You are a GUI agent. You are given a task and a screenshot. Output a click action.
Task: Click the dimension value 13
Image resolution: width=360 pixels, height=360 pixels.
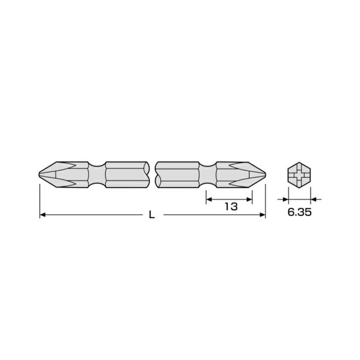(230, 207)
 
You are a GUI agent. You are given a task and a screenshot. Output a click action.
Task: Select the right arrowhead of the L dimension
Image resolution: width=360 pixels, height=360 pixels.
(263, 216)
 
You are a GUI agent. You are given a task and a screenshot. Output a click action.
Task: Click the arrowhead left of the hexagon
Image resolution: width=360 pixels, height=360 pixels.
(285, 198)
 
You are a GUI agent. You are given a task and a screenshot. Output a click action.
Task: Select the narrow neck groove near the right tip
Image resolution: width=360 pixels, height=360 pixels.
(207, 174)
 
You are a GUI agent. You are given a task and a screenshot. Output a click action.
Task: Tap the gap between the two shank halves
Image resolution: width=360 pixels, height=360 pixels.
(152, 174)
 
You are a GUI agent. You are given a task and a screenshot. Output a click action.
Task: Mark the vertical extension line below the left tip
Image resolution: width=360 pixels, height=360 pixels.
(40, 198)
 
